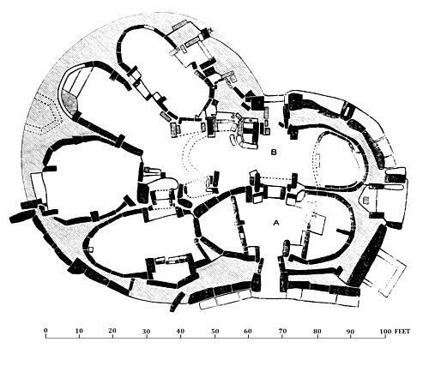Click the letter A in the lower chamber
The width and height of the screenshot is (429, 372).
pos(276,223)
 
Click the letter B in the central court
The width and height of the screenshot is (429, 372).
pos(274,152)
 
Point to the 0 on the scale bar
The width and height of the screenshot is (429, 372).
pos(45,330)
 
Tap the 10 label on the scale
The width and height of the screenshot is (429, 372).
pos(79,331)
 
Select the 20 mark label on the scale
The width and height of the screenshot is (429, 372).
pos(112,331)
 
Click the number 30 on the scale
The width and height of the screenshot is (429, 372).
pos(147,332)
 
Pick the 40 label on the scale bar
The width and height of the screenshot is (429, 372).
pos(180,331)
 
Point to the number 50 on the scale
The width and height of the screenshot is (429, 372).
pos(214,331)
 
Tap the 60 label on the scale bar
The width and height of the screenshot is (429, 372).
pos(248,331)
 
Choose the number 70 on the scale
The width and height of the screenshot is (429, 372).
pos(282,331)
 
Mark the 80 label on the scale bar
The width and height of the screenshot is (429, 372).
pos(317,331)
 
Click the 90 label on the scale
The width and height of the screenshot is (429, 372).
pos(350,332)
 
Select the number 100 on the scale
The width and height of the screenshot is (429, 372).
pos(385,332)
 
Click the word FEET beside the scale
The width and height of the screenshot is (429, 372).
pos(402,332)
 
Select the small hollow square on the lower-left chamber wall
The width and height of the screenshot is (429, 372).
pos(91,249)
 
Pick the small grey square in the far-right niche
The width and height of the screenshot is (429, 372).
pos(366,200)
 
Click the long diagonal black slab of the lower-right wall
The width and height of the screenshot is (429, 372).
pos(366,255)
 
